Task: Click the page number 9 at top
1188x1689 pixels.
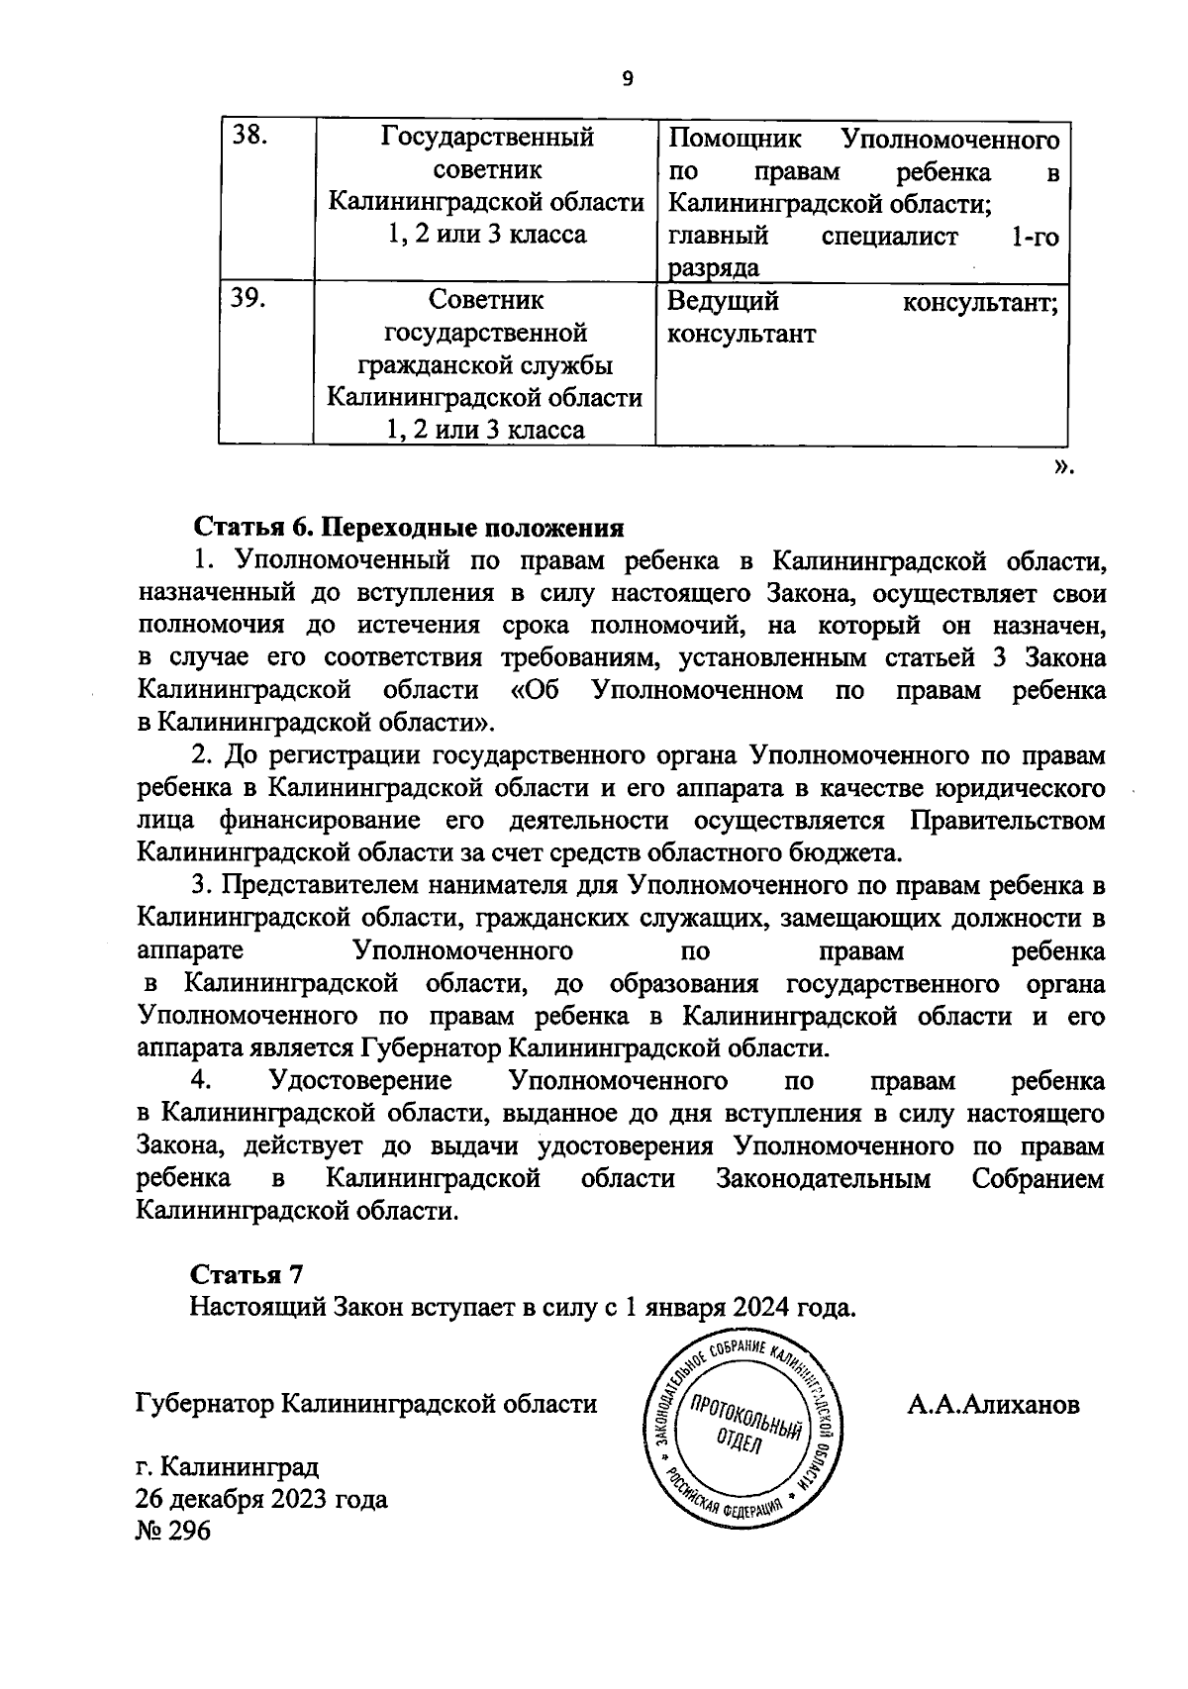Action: tap(627, 79)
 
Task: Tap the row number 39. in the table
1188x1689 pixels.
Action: tap(247, 300)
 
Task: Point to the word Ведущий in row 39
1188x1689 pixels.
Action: tap(723, 301)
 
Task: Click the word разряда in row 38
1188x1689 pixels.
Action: tap(713, 267)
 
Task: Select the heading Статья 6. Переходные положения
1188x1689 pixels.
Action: tap(407, 527)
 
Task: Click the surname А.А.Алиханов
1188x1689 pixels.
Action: tap(993, 1405)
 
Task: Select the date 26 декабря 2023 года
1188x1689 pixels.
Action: tap(262, 1499)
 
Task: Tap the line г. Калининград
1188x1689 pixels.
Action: tap(228, 1465)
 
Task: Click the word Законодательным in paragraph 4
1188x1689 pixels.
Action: tap(823, 1178)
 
